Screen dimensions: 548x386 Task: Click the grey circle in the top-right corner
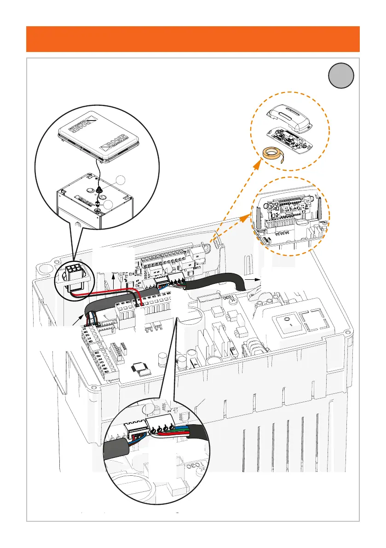coord(341,75)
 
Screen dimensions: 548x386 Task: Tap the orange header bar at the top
coord(193,39)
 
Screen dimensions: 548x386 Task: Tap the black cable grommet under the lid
coord(99,189)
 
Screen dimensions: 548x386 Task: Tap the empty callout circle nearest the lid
coord(120,180)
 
